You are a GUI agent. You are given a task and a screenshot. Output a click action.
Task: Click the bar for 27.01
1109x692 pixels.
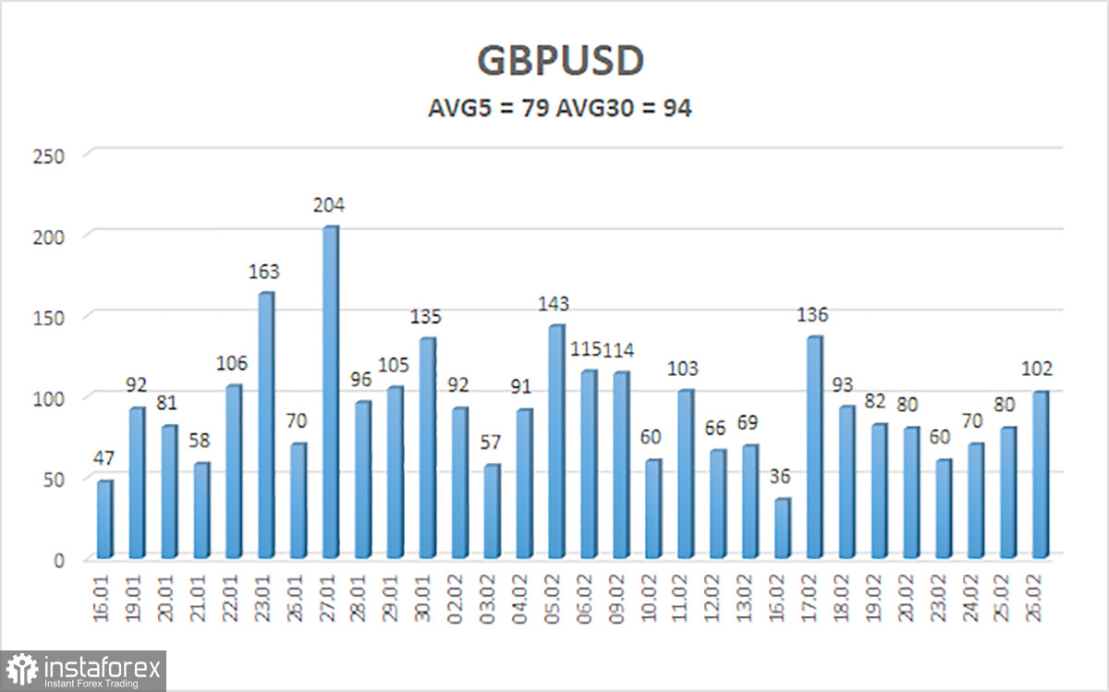pyautogui.click(x=330, y=392)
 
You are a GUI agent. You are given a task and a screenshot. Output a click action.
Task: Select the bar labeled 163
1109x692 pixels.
pyautogui.click(x=265, y=425)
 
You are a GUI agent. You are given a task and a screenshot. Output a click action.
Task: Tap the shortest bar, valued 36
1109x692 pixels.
pyautogui.click(x=782, y=528)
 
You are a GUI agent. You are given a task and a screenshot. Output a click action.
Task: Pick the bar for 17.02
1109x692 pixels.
pyautogui.click(x=814, y=447)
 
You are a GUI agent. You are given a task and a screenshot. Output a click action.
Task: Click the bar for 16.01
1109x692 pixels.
pyautogui.click(x=104, y=519)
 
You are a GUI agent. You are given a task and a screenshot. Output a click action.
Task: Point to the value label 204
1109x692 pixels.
pyautogui.click(x=329, y=205)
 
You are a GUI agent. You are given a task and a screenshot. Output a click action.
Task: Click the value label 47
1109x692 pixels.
pyautogui.click(x=104, y=459)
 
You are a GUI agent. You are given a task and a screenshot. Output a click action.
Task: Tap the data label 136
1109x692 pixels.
pyautogui.click(x=813, y=316)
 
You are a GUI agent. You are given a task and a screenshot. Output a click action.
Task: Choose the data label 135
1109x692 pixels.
pyautogui.click(x=427, y=317)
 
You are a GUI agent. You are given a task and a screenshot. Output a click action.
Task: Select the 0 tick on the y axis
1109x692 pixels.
pyautogui.click(x=57, y=560)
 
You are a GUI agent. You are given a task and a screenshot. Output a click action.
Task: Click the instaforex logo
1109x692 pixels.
pyautogui.click(x=84, y=670)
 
